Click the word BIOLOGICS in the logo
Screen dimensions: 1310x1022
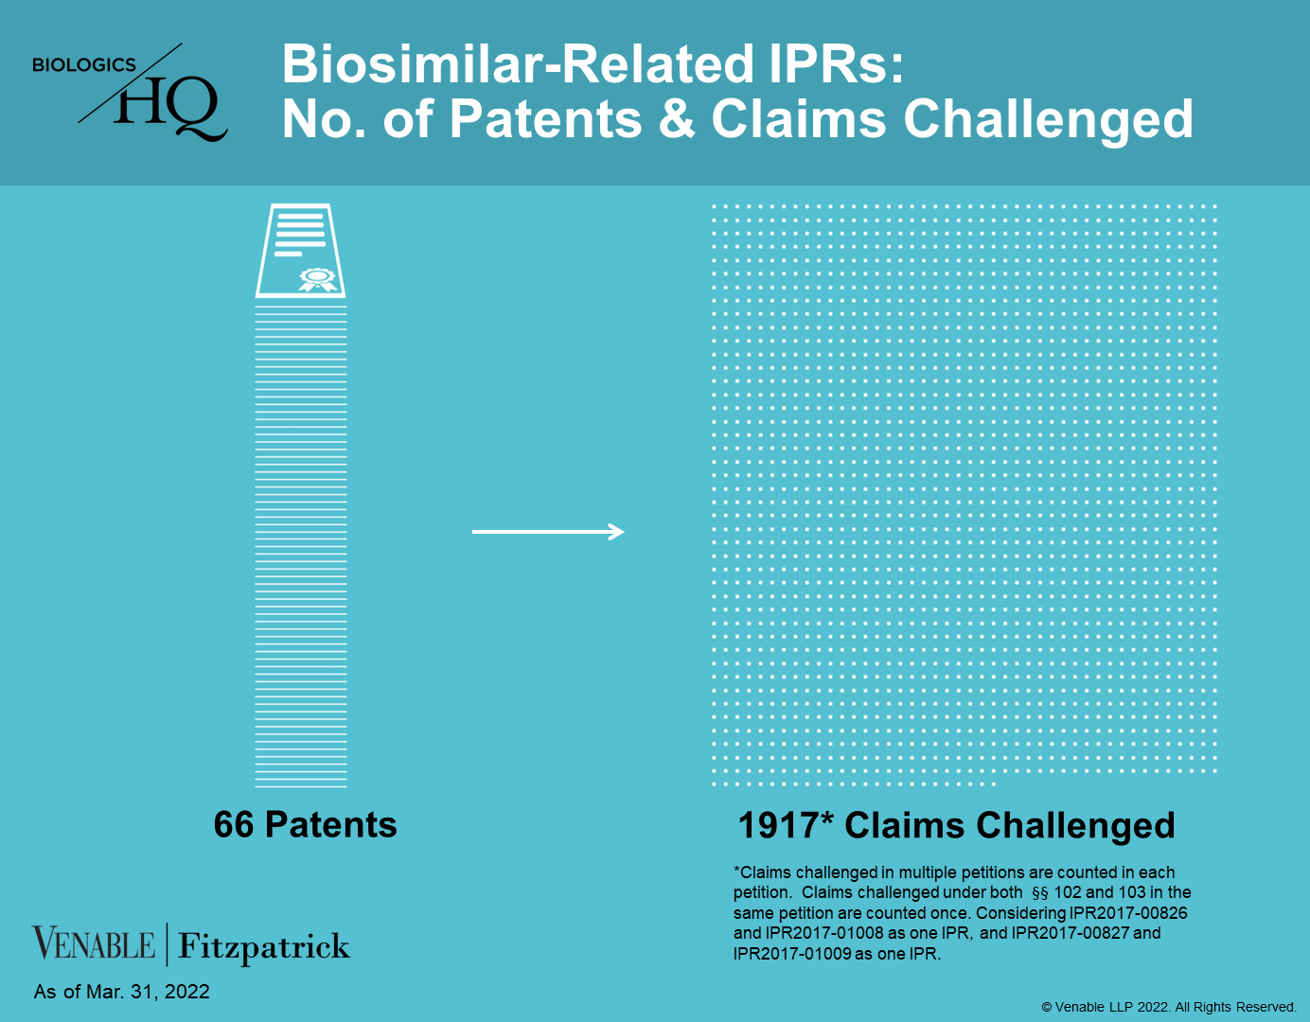84,64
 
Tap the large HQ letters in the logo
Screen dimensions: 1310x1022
170,109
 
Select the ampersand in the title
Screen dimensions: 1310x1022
676,118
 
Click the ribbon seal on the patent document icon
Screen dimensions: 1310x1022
318,279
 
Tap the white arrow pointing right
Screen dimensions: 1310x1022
548,532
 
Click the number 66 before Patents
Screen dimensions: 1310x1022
234,824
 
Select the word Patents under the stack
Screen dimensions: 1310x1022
331,824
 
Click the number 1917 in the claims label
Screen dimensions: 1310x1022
778,825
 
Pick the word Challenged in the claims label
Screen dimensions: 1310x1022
1075,826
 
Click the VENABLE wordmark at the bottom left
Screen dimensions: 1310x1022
94,943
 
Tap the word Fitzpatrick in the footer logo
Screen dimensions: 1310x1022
263,946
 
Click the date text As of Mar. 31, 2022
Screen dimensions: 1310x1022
122,992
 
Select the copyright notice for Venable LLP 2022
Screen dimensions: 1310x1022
1169,1007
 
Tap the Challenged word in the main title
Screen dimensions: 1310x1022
1049,120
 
